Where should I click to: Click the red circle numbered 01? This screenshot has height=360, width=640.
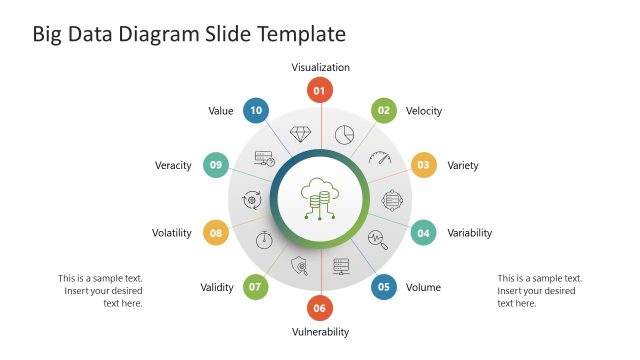click(x=320, y=91)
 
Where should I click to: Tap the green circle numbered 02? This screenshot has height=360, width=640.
click(x=383, y=111)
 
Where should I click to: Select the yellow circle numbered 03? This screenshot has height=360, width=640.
click(x=423, y=165)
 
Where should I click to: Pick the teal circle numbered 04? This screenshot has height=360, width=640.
click(x=423, y=233)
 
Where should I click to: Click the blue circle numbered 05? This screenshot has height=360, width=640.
click(x=383, y=287)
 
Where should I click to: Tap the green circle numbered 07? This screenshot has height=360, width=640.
click(x=256, y=287)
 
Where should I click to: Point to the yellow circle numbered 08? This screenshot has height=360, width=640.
click(x=216, y=233)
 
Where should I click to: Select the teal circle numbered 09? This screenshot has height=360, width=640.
click(x=216, y=165)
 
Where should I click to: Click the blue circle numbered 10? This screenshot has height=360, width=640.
click(x=256, y=111)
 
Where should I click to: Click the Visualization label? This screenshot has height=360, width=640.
click(x=320, y=68)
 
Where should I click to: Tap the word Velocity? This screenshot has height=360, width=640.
click(x=424, y=111)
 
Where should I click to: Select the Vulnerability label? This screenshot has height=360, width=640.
click(x=320, y=332)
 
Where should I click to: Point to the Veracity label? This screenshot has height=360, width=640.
click(x=173, y=165)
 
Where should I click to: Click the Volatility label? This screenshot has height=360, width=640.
click(x=171, y=233)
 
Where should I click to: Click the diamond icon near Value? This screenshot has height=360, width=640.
click(x=300, y=133)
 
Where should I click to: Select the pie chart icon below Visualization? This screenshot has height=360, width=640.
click(x=344, y=134)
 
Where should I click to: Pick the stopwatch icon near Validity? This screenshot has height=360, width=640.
click(x=264, y=239)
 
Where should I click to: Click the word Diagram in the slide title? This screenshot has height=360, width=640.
click(x=161, y=34)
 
